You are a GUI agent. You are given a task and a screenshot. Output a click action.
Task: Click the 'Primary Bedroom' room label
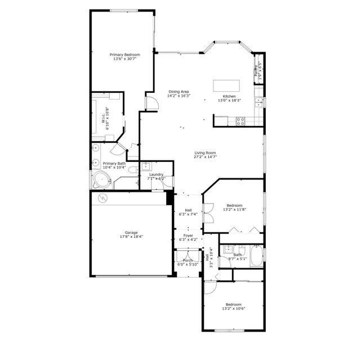pyautogui.click(x=124, y=55)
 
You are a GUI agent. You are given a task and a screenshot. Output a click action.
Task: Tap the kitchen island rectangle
pyautogui.click(x=226, y=86)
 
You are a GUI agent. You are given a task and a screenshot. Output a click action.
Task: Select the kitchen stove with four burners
pyautogui.click(x=240, y=120)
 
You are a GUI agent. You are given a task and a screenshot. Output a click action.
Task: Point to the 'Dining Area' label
pyautogui.click(x=179, y=92)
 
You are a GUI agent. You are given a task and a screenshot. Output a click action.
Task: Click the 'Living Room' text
pyautogui.click(x=206, y=153)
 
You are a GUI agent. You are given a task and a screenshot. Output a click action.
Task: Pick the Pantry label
pyautogui.click(x=256, y=70)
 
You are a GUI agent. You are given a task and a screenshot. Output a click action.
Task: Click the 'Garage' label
pyautogui.click(x=131, y=232)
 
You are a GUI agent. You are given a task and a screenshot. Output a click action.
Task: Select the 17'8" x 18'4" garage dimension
pyautogui.click(x=131, y=237)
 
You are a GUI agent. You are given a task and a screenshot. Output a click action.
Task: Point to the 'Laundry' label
pyautogui.click(x=156, y=174)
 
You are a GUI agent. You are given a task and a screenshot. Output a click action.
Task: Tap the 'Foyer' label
pyautogui.click(x=188, y=236)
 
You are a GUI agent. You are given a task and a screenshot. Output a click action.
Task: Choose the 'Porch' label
pyautogui.click(x=188, y=260)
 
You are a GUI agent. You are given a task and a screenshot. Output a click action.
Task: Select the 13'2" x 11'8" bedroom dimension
pyautogui.click(x=234, y=210)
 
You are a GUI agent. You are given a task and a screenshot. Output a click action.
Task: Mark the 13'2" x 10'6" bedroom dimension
pyautogui.click(x=234, y=308)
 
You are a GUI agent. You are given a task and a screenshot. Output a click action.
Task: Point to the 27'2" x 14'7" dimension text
pyautogui.click(x=206, y=157)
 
